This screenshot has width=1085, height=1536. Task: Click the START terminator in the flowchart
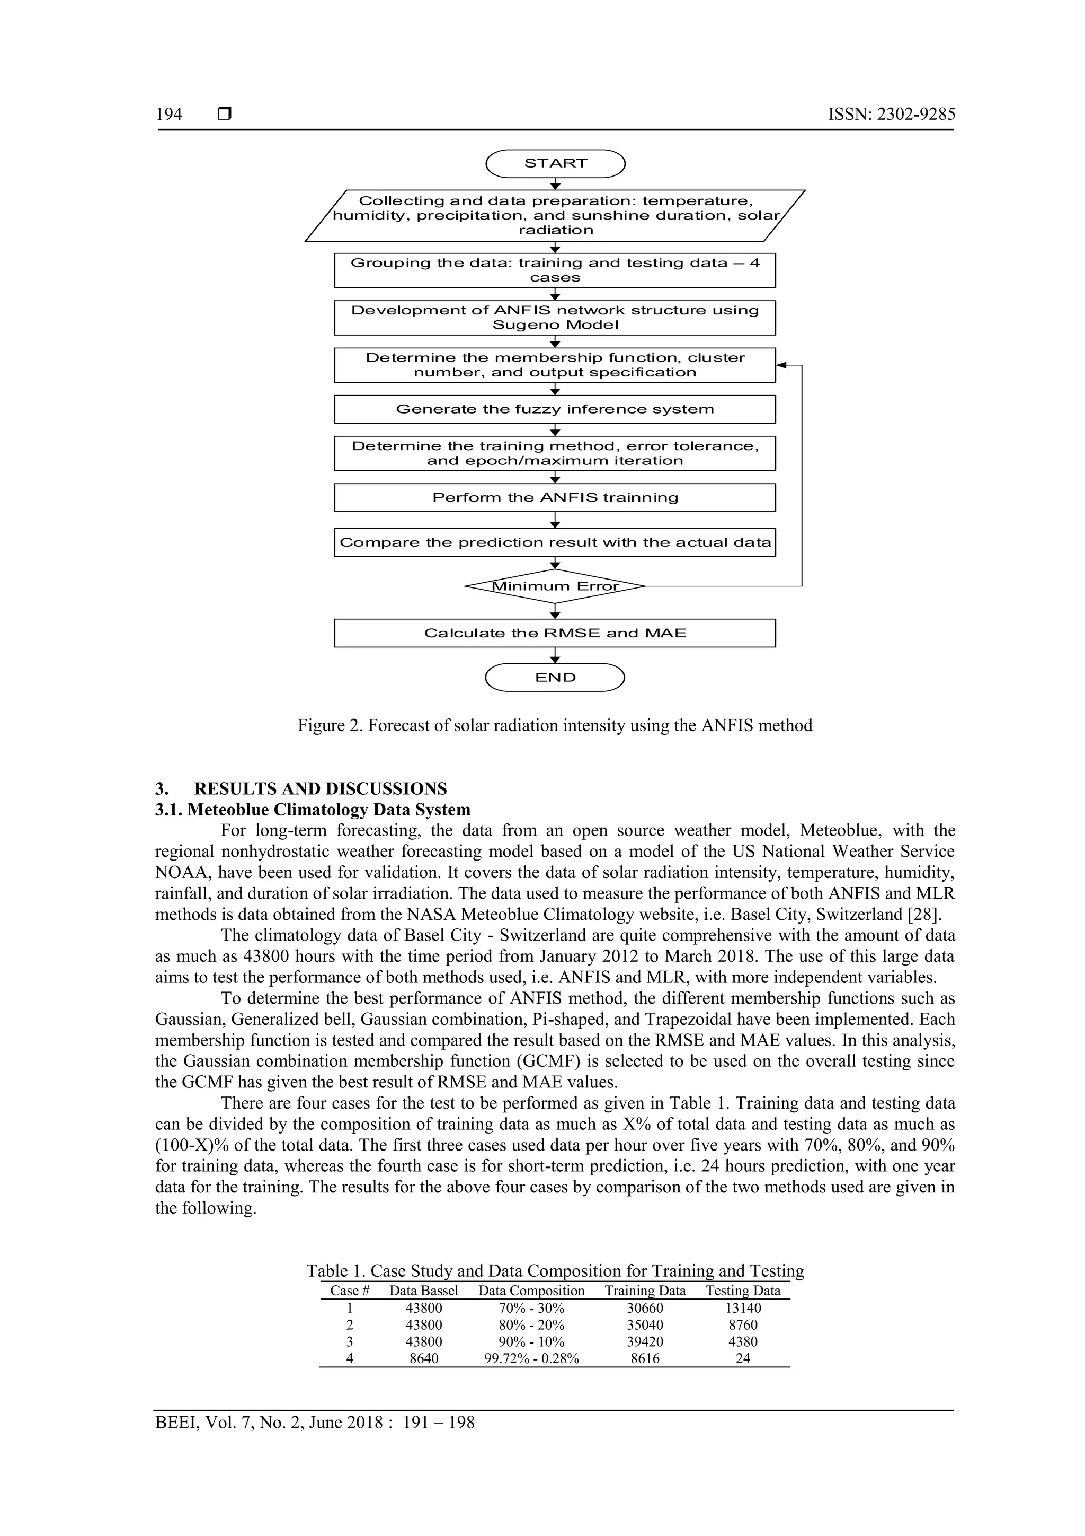[x=555, y=163]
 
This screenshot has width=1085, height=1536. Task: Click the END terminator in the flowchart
[x=555, y=677]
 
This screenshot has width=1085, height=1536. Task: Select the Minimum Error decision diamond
[x=555, y=586]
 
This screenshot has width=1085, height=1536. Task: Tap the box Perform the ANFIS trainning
[x=555, y=497]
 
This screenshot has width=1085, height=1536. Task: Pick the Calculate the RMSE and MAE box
[x=555, y=633]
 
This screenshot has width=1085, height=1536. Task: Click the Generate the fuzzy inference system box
[x=555, y=409]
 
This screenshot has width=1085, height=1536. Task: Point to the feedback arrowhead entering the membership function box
[x=781, y=365]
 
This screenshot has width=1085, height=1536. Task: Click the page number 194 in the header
[x=168, y=115]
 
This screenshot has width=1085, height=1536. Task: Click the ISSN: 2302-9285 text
[x=891, y=115]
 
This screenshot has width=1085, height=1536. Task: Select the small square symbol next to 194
[x=225, y=115]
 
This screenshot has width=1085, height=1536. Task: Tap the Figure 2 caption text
[x=555, y=725]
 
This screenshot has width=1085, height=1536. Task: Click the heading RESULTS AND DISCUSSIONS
[x=320, y=789]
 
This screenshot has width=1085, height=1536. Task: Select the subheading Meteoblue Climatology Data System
[x=328, y=810]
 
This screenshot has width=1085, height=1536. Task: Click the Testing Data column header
[x=743, y=1291]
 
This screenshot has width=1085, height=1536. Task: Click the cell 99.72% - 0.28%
[x=531, y=1358]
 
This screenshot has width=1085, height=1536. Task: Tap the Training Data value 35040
[x=645, y=1324]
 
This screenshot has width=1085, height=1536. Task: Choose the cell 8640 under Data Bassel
[x=423, y=1358]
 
